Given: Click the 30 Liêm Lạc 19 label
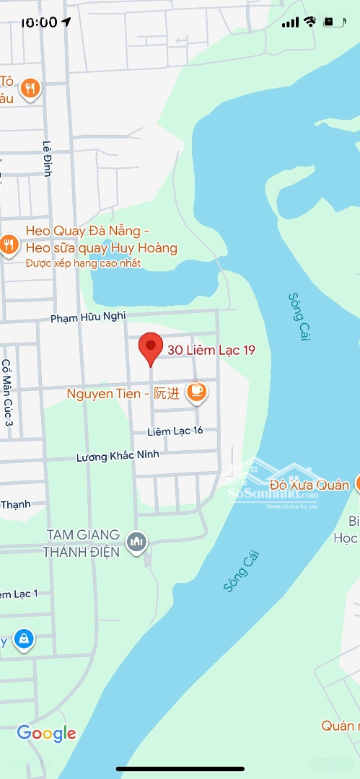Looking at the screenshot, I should click(x=211, y=351).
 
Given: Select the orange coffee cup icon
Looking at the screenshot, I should click(x=196, y=392).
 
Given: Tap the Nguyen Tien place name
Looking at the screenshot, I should click(x=100, y=394).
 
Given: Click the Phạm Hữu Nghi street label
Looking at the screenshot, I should click(x=88, y=317).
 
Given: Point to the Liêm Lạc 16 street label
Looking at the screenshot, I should click(x=175, y=431).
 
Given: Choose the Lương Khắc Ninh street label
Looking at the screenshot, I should click(x=118, y=456).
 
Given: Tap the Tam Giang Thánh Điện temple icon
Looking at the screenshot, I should click(x=136, y=541).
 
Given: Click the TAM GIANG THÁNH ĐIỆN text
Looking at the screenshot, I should click(x=81, y=543).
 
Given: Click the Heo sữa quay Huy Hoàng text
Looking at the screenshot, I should click(x=101, y=248).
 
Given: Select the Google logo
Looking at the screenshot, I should click(x=46, y=734).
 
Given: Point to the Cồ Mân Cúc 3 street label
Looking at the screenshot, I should click(x=7, y=392).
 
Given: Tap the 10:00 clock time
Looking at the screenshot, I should click(x=39, y=22).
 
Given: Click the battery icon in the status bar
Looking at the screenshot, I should click(x=333, y=22).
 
